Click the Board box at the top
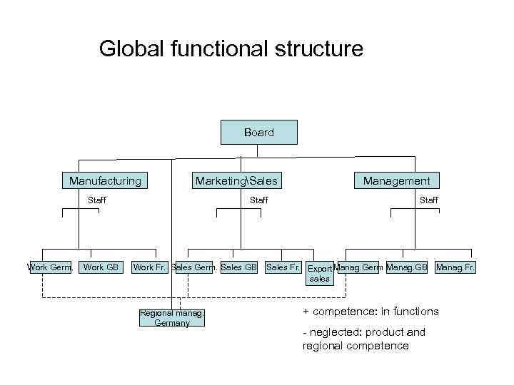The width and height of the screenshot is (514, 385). pyautogui.click(x=258, y=133)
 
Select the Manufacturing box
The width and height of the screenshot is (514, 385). pyautogui.click(x=105, y=181)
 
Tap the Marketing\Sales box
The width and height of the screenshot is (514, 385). pyautogui.click(x=236, y=181)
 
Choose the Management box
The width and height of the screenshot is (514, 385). pyautogui.click(x=396, y=181)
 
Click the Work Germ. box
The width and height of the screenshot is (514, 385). pyautogui.click(x=50, y=267)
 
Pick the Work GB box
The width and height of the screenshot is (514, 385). pyautogui.click(x=101, y=267)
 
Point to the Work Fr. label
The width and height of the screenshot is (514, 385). pyautogui.click(x=150, y=267)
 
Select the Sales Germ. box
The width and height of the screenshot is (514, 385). pyautogui.click(x=194, y=267)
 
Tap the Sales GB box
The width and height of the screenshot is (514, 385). pyautogui.click(x=238, y=267)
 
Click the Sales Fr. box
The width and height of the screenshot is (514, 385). pyautogui.click(x=283, y=267)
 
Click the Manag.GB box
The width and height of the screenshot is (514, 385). pyautogui.click(x=406, y=267)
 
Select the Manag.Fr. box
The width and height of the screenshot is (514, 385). pyautogui.click(x=455, y=267)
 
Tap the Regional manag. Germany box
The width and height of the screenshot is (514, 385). pyautogui.click(x=172, y=318)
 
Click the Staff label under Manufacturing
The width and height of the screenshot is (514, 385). pyautogui.click(x=97, y=200)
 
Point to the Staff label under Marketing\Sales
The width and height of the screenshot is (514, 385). pyautogui.click(x=258, y=200)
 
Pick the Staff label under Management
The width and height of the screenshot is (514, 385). pyautogui.click(x=429, y=200)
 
